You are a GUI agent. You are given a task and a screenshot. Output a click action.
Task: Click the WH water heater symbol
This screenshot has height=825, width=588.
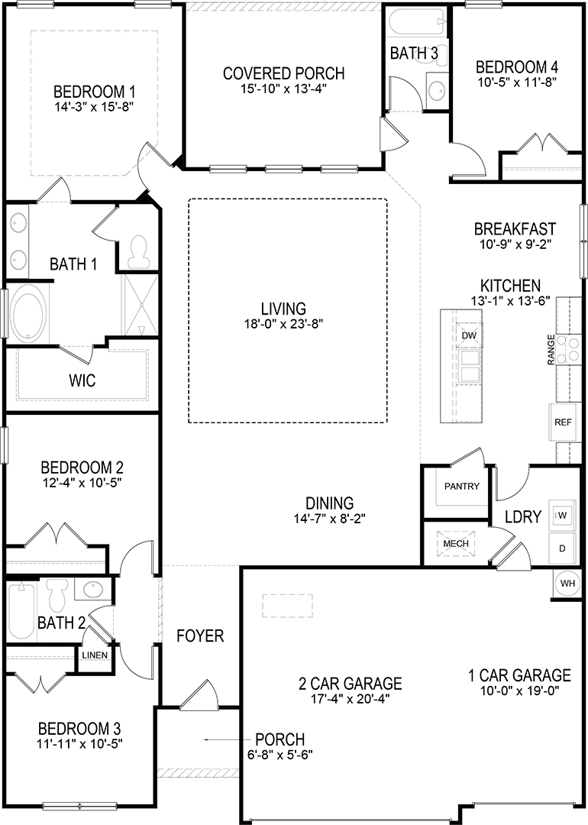pyautogui.click(x=567, y=583)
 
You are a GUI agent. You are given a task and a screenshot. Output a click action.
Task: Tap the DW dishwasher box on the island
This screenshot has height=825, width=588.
pyautogui.click(x=469, y=335)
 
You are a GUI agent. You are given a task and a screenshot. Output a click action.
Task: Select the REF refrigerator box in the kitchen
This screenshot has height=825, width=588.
pyautogui.click(x=563, y=422)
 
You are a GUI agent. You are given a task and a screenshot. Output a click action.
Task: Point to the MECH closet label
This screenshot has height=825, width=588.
pyautogui.click(x=456, y=543)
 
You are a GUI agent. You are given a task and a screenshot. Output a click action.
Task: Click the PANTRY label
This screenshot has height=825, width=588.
pyautogui.click(x=461, y=486)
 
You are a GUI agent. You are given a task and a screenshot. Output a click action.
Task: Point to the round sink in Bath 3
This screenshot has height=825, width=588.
pyautogui.click(x=437, y=92)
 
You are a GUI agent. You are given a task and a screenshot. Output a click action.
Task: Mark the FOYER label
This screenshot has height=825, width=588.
pyautogui.click(x=200, y=636)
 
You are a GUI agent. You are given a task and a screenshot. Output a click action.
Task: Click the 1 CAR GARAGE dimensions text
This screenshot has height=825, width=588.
pyautogui.click(x=519, y=691)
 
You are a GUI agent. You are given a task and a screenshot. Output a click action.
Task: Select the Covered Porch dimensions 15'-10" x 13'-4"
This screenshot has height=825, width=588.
pyautogui.click(x=283, y=89)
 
